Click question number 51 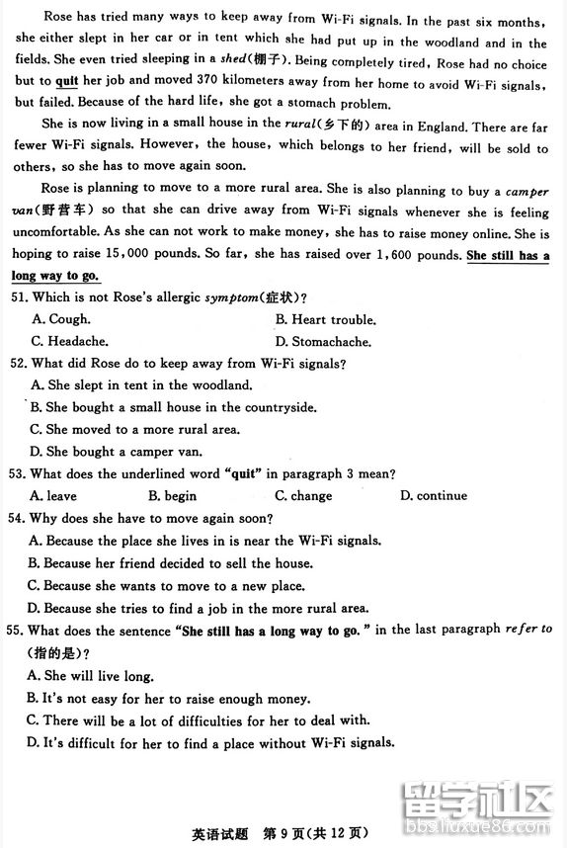click(19, 298)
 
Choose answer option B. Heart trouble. click(326, 320)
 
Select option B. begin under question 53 click(172, 496)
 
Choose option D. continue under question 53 click(434, 496)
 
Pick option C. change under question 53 click(303, 496)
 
